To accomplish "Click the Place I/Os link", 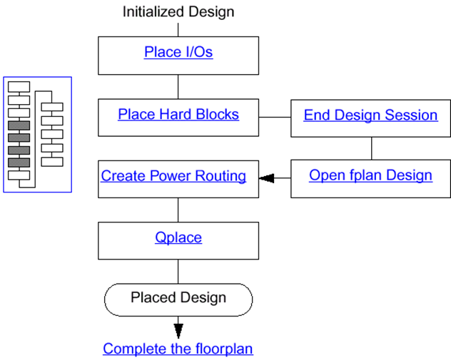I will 178,53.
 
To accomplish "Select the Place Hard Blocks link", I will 178,115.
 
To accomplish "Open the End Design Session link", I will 370,115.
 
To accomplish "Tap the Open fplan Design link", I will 370,175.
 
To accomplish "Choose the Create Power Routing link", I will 173,175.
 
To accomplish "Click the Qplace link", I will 178,237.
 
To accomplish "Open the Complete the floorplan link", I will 178,349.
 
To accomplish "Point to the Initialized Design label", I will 178,11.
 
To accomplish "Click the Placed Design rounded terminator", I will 178,298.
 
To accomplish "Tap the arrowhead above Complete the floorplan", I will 178,331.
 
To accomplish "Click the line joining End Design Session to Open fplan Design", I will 370,148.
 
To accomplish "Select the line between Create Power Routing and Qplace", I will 178,209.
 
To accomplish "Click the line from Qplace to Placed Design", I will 178,271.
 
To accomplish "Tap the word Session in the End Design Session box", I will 412,115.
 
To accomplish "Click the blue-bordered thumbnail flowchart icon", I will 37,134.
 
